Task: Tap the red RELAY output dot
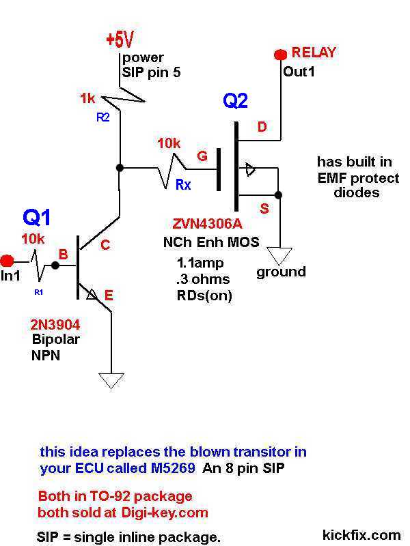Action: [279, 54]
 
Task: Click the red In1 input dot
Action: [8, 260]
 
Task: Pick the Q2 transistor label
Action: [236, 102]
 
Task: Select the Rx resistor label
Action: [182, 185]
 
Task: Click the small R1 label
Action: [38, 292]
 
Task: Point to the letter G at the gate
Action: [202, 157]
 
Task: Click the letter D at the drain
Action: [262, 127]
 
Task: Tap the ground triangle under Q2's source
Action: [279, 255]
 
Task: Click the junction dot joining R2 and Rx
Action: [120, 167]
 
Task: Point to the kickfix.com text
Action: [361, 534]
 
